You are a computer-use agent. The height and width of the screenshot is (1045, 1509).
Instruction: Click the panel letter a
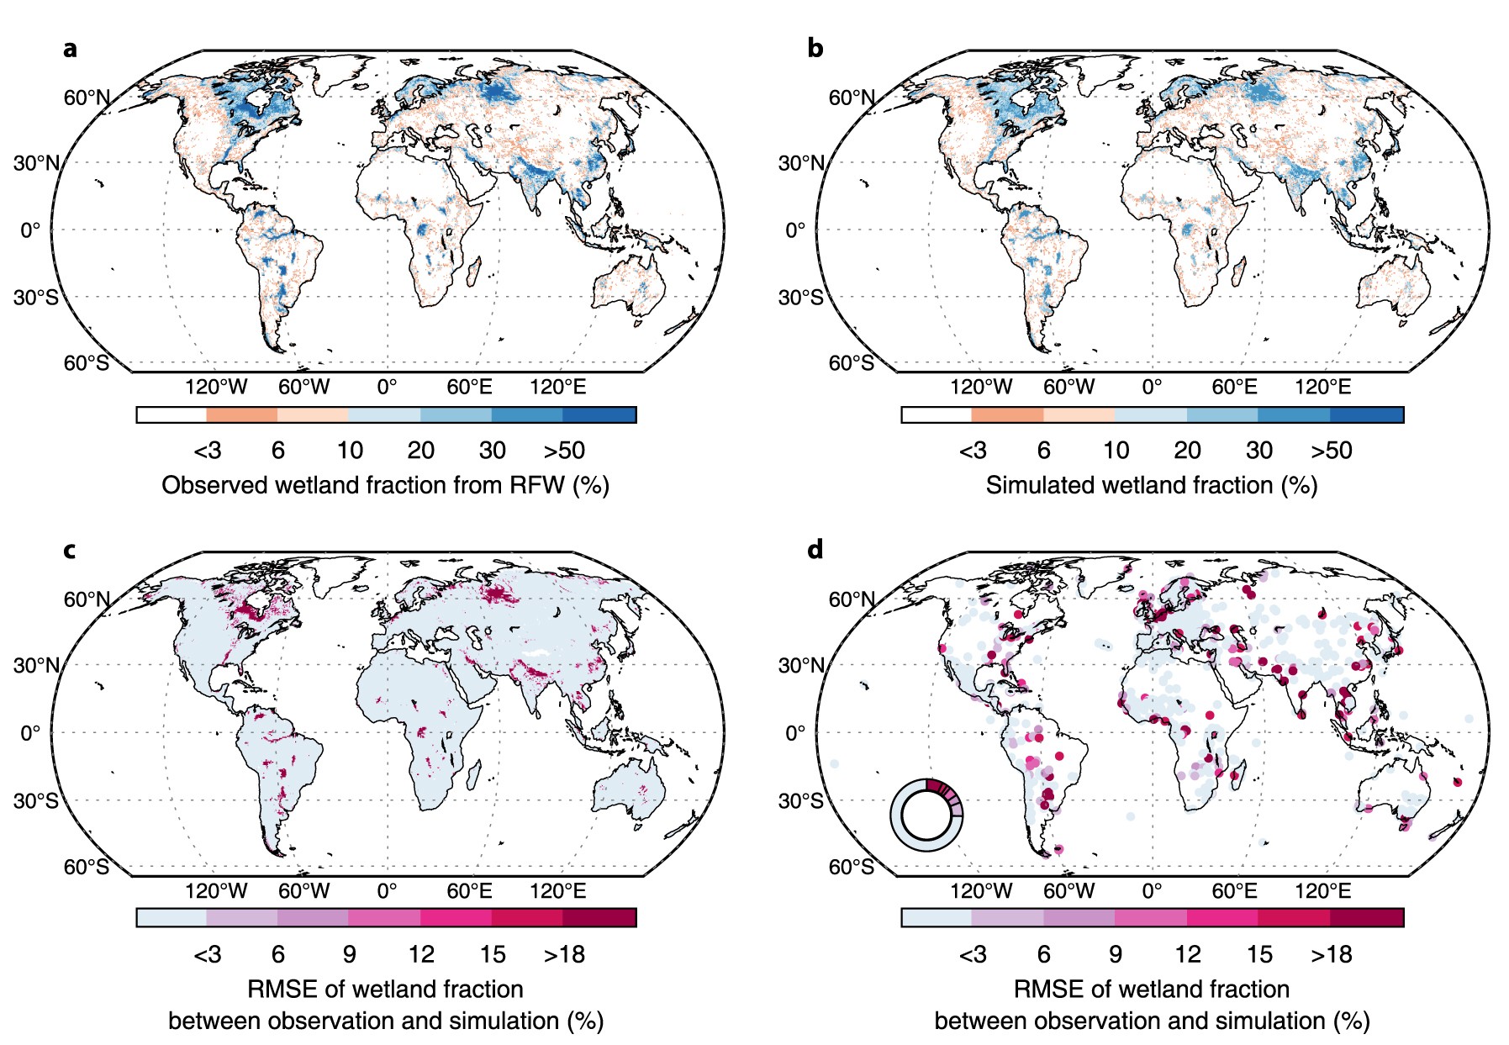70,49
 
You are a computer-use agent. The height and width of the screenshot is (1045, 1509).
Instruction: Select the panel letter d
815,550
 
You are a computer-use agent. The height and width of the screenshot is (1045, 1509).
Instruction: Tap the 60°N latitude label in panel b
852,98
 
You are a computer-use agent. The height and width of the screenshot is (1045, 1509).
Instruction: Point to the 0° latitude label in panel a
30,230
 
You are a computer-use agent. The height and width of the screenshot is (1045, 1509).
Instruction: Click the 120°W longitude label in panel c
216,891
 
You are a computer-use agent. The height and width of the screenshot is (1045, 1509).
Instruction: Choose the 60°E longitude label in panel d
1234,891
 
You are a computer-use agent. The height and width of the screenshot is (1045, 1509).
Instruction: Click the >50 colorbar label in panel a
564,451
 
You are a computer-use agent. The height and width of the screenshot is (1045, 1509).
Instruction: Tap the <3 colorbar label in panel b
973,451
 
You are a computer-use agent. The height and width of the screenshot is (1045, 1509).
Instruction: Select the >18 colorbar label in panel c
564,955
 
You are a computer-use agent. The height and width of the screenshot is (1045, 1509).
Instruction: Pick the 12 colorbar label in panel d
1187,955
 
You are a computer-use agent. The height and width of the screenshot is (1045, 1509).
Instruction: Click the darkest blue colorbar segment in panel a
599,414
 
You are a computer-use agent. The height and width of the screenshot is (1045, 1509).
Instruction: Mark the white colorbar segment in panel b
937,414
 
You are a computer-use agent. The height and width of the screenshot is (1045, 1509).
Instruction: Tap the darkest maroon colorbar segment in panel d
1367,917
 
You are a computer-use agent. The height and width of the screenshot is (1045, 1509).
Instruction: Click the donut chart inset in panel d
926,815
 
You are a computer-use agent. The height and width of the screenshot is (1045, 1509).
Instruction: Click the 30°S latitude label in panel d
800,800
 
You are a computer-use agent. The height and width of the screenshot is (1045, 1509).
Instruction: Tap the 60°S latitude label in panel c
86,867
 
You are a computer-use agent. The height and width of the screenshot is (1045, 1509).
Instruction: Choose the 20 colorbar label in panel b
1187,451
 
